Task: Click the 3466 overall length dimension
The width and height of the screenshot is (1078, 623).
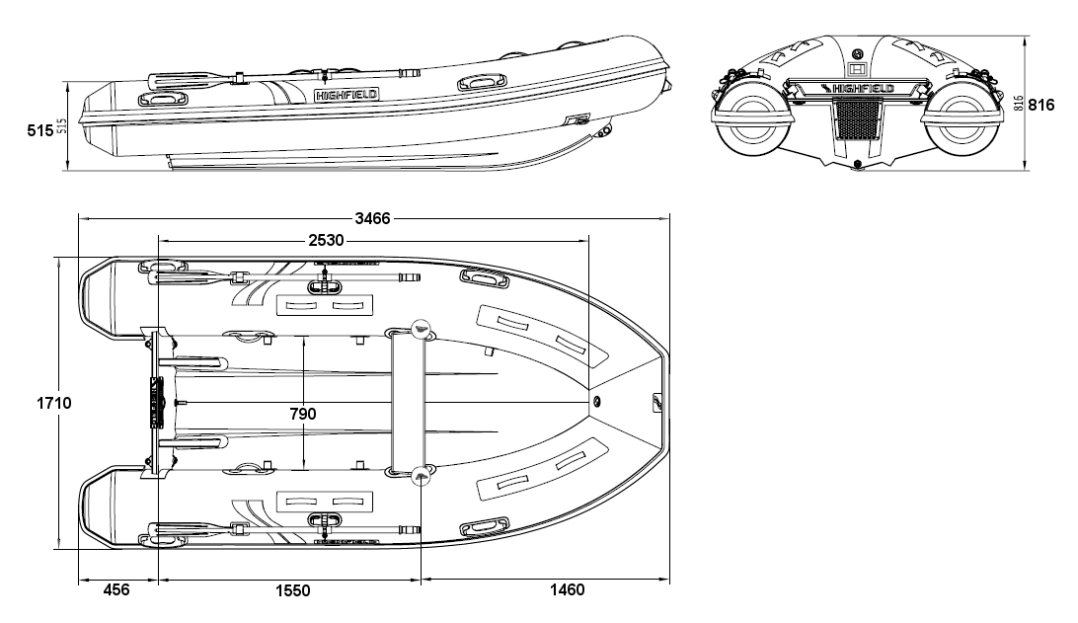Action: (374, 218)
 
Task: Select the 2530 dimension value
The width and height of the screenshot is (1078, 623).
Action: (327, 240)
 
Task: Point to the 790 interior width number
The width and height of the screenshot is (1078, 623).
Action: (303, 414)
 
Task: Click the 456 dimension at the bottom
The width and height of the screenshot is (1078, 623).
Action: (116, 590)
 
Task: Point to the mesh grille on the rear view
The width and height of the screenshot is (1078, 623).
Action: (857, 120)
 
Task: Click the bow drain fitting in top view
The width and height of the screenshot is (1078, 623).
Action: (595, 402)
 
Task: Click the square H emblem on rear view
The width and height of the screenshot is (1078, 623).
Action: (857, 69)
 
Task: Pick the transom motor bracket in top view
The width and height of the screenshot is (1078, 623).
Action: (155, 402)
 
